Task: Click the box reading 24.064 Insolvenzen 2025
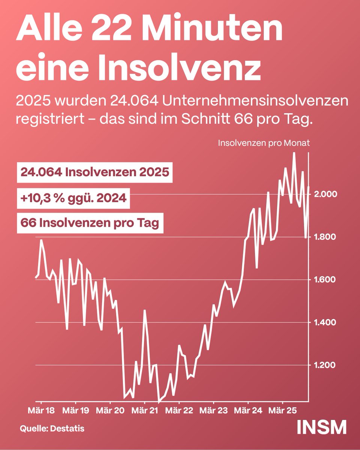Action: click(95, 172)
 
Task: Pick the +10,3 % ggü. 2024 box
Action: click(73, 198)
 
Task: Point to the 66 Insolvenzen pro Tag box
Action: click(90, 223)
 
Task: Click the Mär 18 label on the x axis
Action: click(41, 410)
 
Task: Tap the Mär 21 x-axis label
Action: click(144, 410)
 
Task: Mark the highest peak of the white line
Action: click(294, 153)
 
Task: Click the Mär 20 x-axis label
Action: click(110, 410)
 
